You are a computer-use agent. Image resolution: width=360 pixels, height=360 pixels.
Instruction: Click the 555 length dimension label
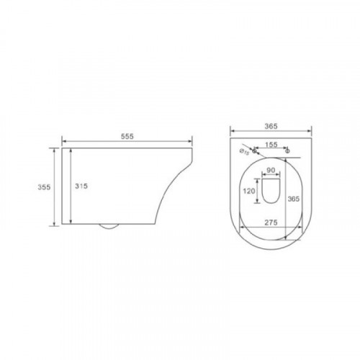click(127, 136)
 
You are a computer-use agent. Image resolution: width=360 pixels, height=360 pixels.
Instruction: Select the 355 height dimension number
click(44, 187)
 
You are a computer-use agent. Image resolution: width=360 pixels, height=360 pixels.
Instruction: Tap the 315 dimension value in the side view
click(81, 186)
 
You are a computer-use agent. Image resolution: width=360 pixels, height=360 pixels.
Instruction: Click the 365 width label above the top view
click(271, 126)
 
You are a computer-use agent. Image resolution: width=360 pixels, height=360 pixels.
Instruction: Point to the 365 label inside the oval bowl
click(294, 199)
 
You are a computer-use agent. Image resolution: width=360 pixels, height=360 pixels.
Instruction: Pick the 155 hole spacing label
click(271, 145)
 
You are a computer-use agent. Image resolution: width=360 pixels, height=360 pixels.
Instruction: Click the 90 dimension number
click(271, 170)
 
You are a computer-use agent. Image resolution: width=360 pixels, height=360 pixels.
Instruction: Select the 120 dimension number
click(249, 191)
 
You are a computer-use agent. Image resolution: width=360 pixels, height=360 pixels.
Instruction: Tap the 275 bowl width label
click(271, 222)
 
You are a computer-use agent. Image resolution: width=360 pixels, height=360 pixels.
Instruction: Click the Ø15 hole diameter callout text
click(244, 152)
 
